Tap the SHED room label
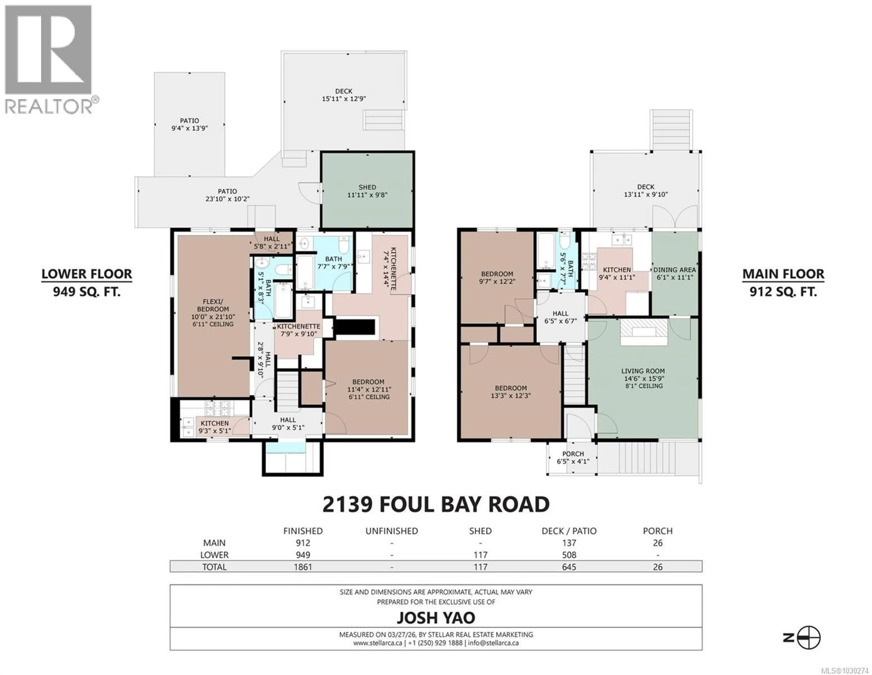[367, 187]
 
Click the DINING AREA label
[674, 270]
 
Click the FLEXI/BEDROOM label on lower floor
[213, 305]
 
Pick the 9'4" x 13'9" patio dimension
[189, 128]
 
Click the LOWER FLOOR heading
[87, 274]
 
